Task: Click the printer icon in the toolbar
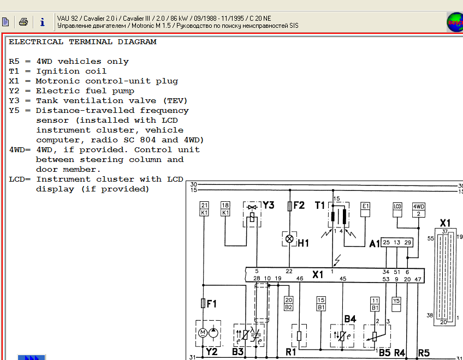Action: tap(23, 22)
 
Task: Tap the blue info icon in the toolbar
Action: tap(42, 22)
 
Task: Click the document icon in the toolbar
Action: tap(5, 22)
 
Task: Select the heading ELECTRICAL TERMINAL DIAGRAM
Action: tap(82, 42)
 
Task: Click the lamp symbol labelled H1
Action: tap(289, 239)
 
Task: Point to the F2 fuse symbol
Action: tap(290, 206)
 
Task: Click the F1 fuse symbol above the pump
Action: tap(203, 303)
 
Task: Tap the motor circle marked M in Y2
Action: tap(203, 333)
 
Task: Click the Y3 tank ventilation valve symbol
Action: tap(252, 214)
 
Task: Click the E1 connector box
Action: tap(365, 209)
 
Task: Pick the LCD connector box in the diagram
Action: tap(397, 210)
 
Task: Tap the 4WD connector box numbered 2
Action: tap(418, 210)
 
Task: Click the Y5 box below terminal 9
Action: tap(396, 304)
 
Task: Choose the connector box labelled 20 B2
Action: tap(288, 304)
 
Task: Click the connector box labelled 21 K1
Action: tap(204, 209)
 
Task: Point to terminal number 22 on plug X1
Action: tap(289, 271)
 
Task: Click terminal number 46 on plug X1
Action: tap(300, 278)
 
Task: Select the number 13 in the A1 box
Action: tap(397, 242)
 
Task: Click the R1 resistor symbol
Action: tap(299, 336)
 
